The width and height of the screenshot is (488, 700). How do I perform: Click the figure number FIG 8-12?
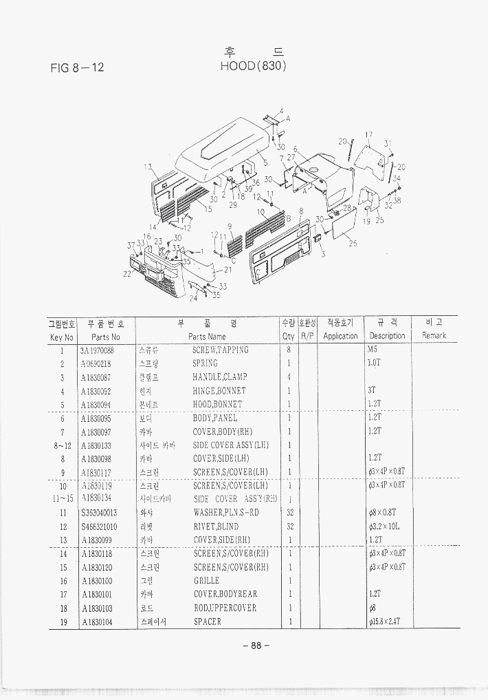pyautogui.click(x=77, y=67)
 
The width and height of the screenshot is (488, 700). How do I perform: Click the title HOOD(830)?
pyautogui.click(x=252, y=66)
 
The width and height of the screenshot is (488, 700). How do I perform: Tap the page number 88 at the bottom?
pyautogui.click(x=255, y=646)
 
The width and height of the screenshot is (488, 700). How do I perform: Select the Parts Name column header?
pyautogui.click(x=207, y=336)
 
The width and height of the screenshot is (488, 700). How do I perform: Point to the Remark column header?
pyautogui.click(x=434, y=335)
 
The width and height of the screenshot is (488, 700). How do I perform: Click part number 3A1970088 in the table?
pyautogui.click(x=98, y=350)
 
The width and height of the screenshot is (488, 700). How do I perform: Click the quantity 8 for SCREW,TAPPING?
pyautogui.click(x=289, y=350)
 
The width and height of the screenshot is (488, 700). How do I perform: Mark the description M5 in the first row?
pyautogui.click(x=373, y=350)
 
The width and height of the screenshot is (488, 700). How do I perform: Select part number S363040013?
pyautogui.click(x=98, y=513)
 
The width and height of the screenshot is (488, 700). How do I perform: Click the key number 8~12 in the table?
pyautogui.click(x=61, y=445)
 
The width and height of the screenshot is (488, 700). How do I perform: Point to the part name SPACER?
pyautogui.click(x=208, y=622)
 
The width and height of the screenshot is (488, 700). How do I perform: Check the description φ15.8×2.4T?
pyautogui.click(x=384, y=622)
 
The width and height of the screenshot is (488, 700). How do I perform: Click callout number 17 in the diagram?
pyautogui.click(x=369, y=135)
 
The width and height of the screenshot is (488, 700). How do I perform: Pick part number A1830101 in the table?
pyautogui.click(x=97, y=595)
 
